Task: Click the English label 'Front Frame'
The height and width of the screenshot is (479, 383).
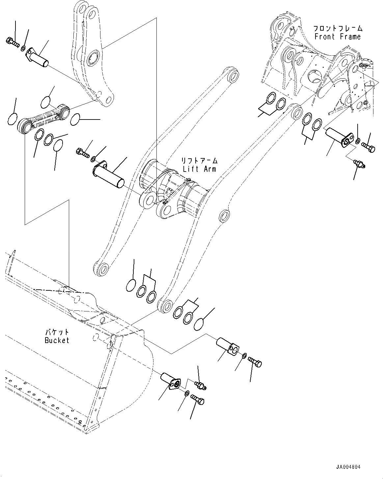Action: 338,37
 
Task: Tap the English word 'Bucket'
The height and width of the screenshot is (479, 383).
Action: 57,340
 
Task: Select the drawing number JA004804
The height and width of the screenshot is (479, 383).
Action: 348,467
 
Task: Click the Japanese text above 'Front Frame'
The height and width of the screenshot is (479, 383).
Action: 338,28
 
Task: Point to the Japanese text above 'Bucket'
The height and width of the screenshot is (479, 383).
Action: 57,332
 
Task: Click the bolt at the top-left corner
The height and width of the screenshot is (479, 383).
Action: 11,42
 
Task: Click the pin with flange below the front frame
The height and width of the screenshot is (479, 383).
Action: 337,137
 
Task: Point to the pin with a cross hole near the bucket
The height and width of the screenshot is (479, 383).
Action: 228,346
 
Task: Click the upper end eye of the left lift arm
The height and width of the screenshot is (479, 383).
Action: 233,76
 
